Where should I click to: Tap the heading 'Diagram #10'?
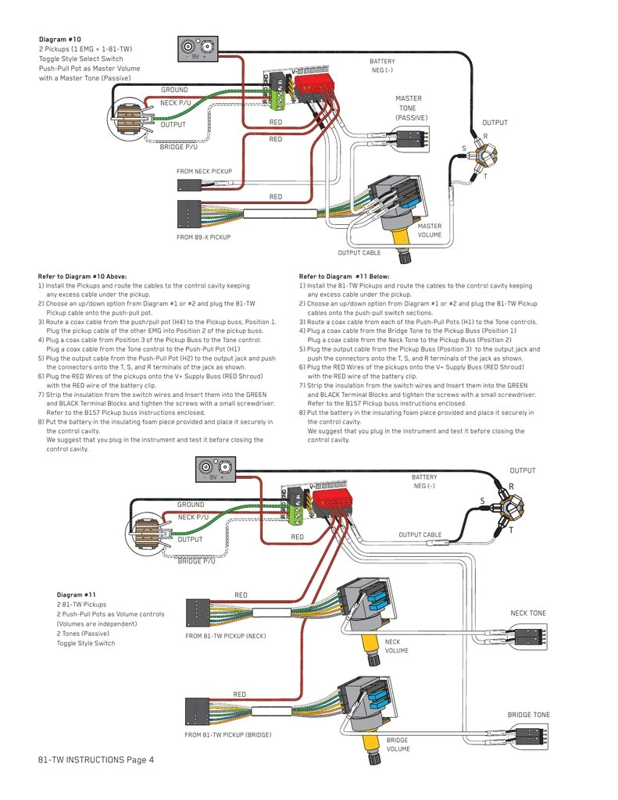(59, 39)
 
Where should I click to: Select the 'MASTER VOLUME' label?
(429, 230)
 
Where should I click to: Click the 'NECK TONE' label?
(528, 613)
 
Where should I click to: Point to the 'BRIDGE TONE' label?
(528, 715)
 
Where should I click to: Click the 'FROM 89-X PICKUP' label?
(203, 237)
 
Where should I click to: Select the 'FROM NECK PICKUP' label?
(204, 171)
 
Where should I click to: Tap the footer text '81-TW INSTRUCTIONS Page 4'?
(95, 759)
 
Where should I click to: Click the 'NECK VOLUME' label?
(396, 646)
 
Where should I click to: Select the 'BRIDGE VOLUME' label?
(398, 745)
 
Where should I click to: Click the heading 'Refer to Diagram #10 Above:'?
(82, 277)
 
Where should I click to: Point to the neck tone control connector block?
(530, 637)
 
